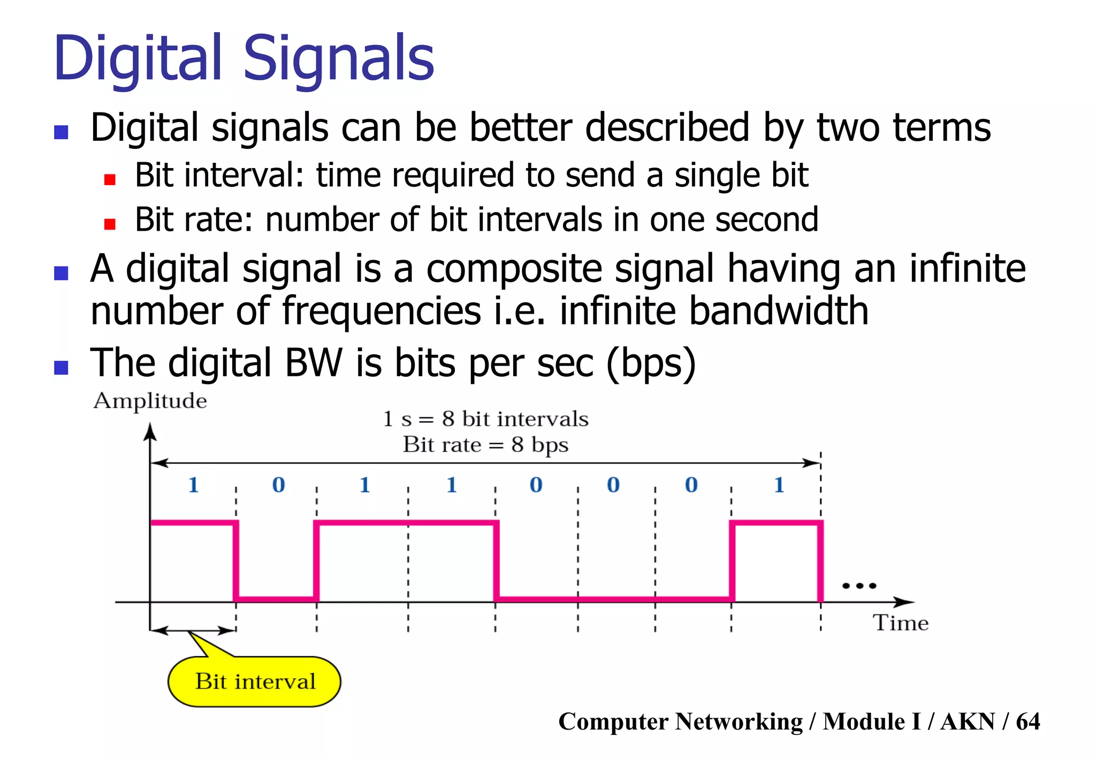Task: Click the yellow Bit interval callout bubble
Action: point(255,681)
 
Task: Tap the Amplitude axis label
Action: point(150,401)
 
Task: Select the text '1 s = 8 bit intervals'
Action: point(485,419)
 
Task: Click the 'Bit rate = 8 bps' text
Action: point(485,445)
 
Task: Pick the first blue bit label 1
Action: point(194,485)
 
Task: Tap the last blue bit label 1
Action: point(779,485)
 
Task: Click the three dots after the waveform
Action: point(859,586)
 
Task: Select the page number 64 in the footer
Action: point(1028,722)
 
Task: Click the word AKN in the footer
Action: point(968,722)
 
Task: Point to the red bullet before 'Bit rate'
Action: point(110,224)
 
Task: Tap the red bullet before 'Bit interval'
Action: point(110,179)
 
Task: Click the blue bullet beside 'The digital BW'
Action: point(62,367)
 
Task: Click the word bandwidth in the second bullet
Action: point(778,311)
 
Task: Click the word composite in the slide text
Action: point(514,269)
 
